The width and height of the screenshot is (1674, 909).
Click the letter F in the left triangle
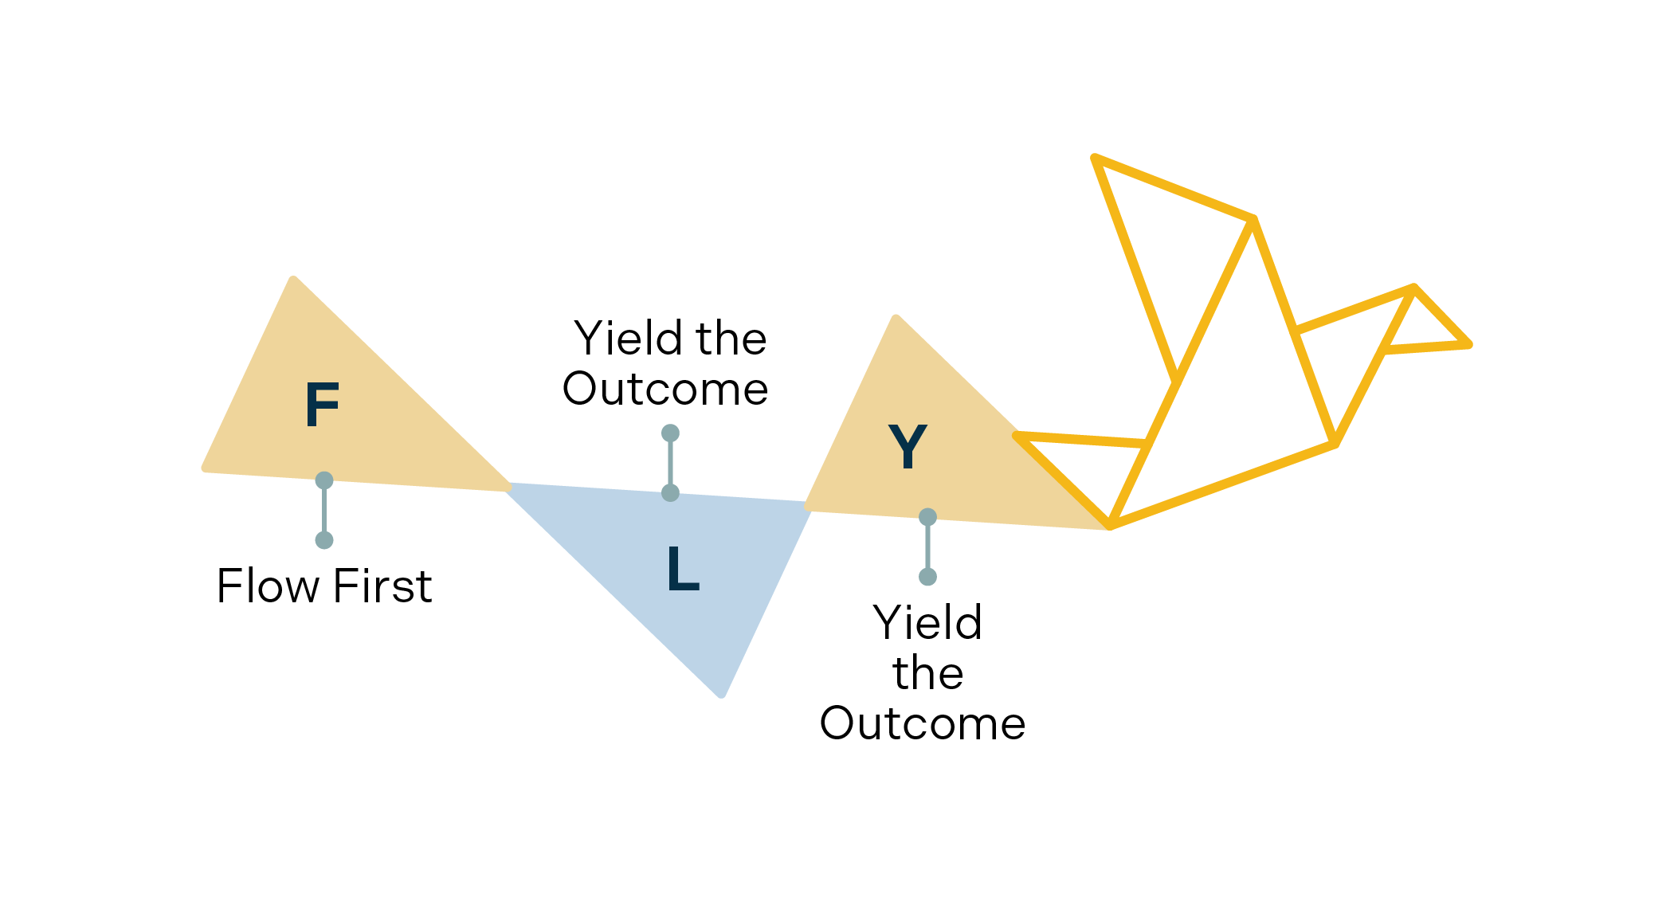click(x=323, y=405)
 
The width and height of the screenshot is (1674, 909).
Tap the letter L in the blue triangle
click(x=683, y=568)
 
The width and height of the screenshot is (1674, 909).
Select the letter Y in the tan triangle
click(x=908, y=446)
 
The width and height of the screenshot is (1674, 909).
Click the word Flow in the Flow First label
click(x=268, y=586)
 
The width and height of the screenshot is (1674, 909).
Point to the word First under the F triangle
click(x=382, y=586)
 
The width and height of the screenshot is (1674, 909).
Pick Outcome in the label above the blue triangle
click(x=665, y=389)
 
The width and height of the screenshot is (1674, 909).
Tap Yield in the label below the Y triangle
click(x=927, y=622)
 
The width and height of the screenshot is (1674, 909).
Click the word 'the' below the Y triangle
click(x=927, y=673)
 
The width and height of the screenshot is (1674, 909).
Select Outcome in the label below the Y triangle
click(x=923, y=723)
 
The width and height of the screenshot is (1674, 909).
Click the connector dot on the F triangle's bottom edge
click(x=324, y=480)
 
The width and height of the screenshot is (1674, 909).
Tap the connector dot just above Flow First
click(x=324, y=540)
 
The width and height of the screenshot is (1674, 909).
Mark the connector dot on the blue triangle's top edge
click(x=670, y=493)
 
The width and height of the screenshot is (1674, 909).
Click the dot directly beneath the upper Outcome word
click(x=670, y=433)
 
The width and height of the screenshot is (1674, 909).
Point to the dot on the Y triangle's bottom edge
click(x=927, y=517)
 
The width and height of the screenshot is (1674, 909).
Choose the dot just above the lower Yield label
click(x=927, y=577)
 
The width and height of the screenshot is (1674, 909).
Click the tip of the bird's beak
click(x=1468, y=345)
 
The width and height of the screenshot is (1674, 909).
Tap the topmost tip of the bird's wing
click(x=1096, y=158)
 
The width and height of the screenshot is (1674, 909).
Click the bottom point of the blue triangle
click(x=722, y=695)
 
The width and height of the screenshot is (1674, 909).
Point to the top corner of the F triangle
click(x=294, y=279)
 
